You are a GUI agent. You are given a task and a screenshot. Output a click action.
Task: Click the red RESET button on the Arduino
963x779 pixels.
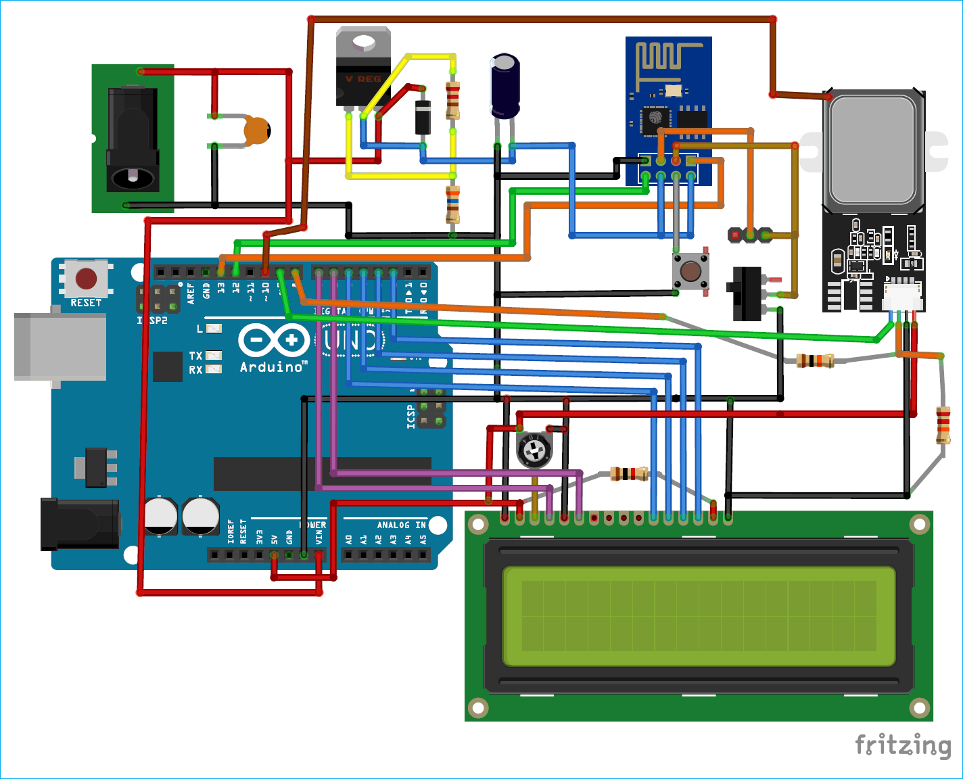86,278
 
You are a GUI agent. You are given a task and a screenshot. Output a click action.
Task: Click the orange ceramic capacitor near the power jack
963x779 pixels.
256,131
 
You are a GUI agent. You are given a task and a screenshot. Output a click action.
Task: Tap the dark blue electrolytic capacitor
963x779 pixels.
505,87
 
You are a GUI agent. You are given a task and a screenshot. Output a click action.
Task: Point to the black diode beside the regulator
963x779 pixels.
423,116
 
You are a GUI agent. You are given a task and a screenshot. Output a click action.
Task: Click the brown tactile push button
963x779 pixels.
690,272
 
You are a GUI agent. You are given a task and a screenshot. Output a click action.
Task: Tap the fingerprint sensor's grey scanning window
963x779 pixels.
872,150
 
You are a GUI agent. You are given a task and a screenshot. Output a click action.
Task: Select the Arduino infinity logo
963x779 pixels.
273,339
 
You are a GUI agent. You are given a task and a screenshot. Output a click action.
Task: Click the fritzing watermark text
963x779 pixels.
902,745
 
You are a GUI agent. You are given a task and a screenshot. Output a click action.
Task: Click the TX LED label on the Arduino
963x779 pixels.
195,356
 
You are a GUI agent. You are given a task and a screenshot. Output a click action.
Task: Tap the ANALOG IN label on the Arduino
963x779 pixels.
401,525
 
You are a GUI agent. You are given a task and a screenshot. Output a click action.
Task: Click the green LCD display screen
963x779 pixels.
699,616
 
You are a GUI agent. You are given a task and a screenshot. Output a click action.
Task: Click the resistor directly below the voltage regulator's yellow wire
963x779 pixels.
452,204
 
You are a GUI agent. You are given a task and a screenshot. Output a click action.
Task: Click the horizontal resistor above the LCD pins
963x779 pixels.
629,473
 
